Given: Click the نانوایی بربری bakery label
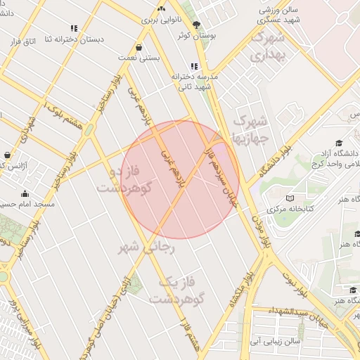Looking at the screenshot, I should pyautogui.click(x=161, y=20).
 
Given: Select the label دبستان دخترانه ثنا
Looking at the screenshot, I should pyautogui.click(x=75, y=39).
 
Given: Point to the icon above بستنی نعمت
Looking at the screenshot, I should pyautogui.click(x=141, y=47).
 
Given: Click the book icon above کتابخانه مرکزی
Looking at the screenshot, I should pyautogui.click(x=290, y=198).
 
